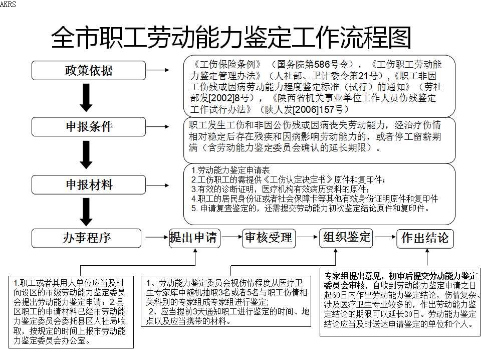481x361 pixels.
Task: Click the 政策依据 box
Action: pyautogui.click(x=88, y=70)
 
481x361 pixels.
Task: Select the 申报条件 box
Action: pyautogui.click(x=88, y=126)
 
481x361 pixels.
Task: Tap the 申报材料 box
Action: pyautogui.click(x=88, y=185)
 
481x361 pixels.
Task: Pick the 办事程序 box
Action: pyautogui.click(x=86, y=238)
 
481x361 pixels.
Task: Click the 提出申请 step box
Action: pyautogui.click(x=195, y=238)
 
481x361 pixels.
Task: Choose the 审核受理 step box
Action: pyautogui.click(x=269, y=238)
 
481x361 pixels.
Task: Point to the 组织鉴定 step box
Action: pyautogui.click(x=346, y=238)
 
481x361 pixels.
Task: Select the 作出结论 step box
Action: pyautogui.click(x=425, y=238)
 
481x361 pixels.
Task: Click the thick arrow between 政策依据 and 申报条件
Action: pyautogui.click(x=86, y=98)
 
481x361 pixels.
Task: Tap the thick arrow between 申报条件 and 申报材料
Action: pyautogui.click(x=86, y=155)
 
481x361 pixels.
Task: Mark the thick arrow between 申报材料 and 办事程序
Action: pyautogui.click(x=86, y=212)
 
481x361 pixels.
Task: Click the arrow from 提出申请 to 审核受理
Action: pyautogui.click(x=232, y=237)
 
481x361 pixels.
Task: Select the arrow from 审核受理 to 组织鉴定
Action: pyautogui.click(x=307, y=237)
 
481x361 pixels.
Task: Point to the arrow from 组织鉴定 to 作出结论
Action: pyautogui.click(x=385, y=237)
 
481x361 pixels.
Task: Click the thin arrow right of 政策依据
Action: pyautogui.click(x=158, y=70)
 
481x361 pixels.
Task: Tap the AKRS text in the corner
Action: pyautogui.click(x=8, y=4)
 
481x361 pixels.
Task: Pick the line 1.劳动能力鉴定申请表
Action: pyautogui.click(x=230, y=170)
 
